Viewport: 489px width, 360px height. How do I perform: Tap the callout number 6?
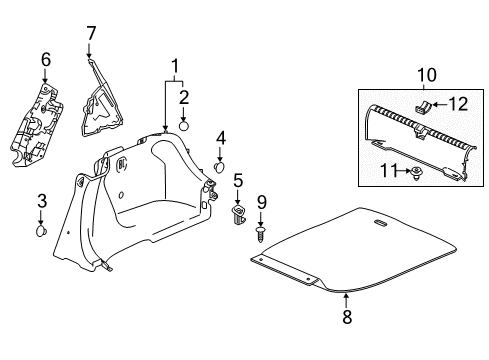click(x=46, y=59)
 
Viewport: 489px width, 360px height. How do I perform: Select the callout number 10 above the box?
click(x=427, y=75)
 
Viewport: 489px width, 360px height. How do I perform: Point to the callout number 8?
click(x=347, y=316)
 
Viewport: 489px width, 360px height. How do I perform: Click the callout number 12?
click(x=459, y=104)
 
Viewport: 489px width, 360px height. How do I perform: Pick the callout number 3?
click(x=42, y=201)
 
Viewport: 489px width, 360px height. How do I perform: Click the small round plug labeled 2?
click(x=184, y=127)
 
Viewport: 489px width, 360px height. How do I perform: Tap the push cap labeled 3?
click(x=41, y=231)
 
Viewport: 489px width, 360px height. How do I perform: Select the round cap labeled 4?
click(x=219, y=167)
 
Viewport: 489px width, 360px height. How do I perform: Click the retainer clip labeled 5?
click(x=238, y=215)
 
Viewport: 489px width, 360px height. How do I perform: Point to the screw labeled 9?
click(x=261, y=234)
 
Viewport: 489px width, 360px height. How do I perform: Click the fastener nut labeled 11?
click(x=415, y=173)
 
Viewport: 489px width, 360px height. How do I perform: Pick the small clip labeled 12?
click(x=423, y=107)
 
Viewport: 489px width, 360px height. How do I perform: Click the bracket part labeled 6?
click(x=36, y=125)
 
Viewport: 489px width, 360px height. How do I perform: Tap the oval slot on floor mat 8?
click(x=380, y=223)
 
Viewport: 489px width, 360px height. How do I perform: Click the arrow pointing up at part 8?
click(x=346, y=300)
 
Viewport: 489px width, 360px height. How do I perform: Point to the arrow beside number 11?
click(x=404, y=171)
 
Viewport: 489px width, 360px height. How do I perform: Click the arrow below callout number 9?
click(x=261, y=219)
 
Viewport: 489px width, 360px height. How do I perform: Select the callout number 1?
click(x=174, y=67)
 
